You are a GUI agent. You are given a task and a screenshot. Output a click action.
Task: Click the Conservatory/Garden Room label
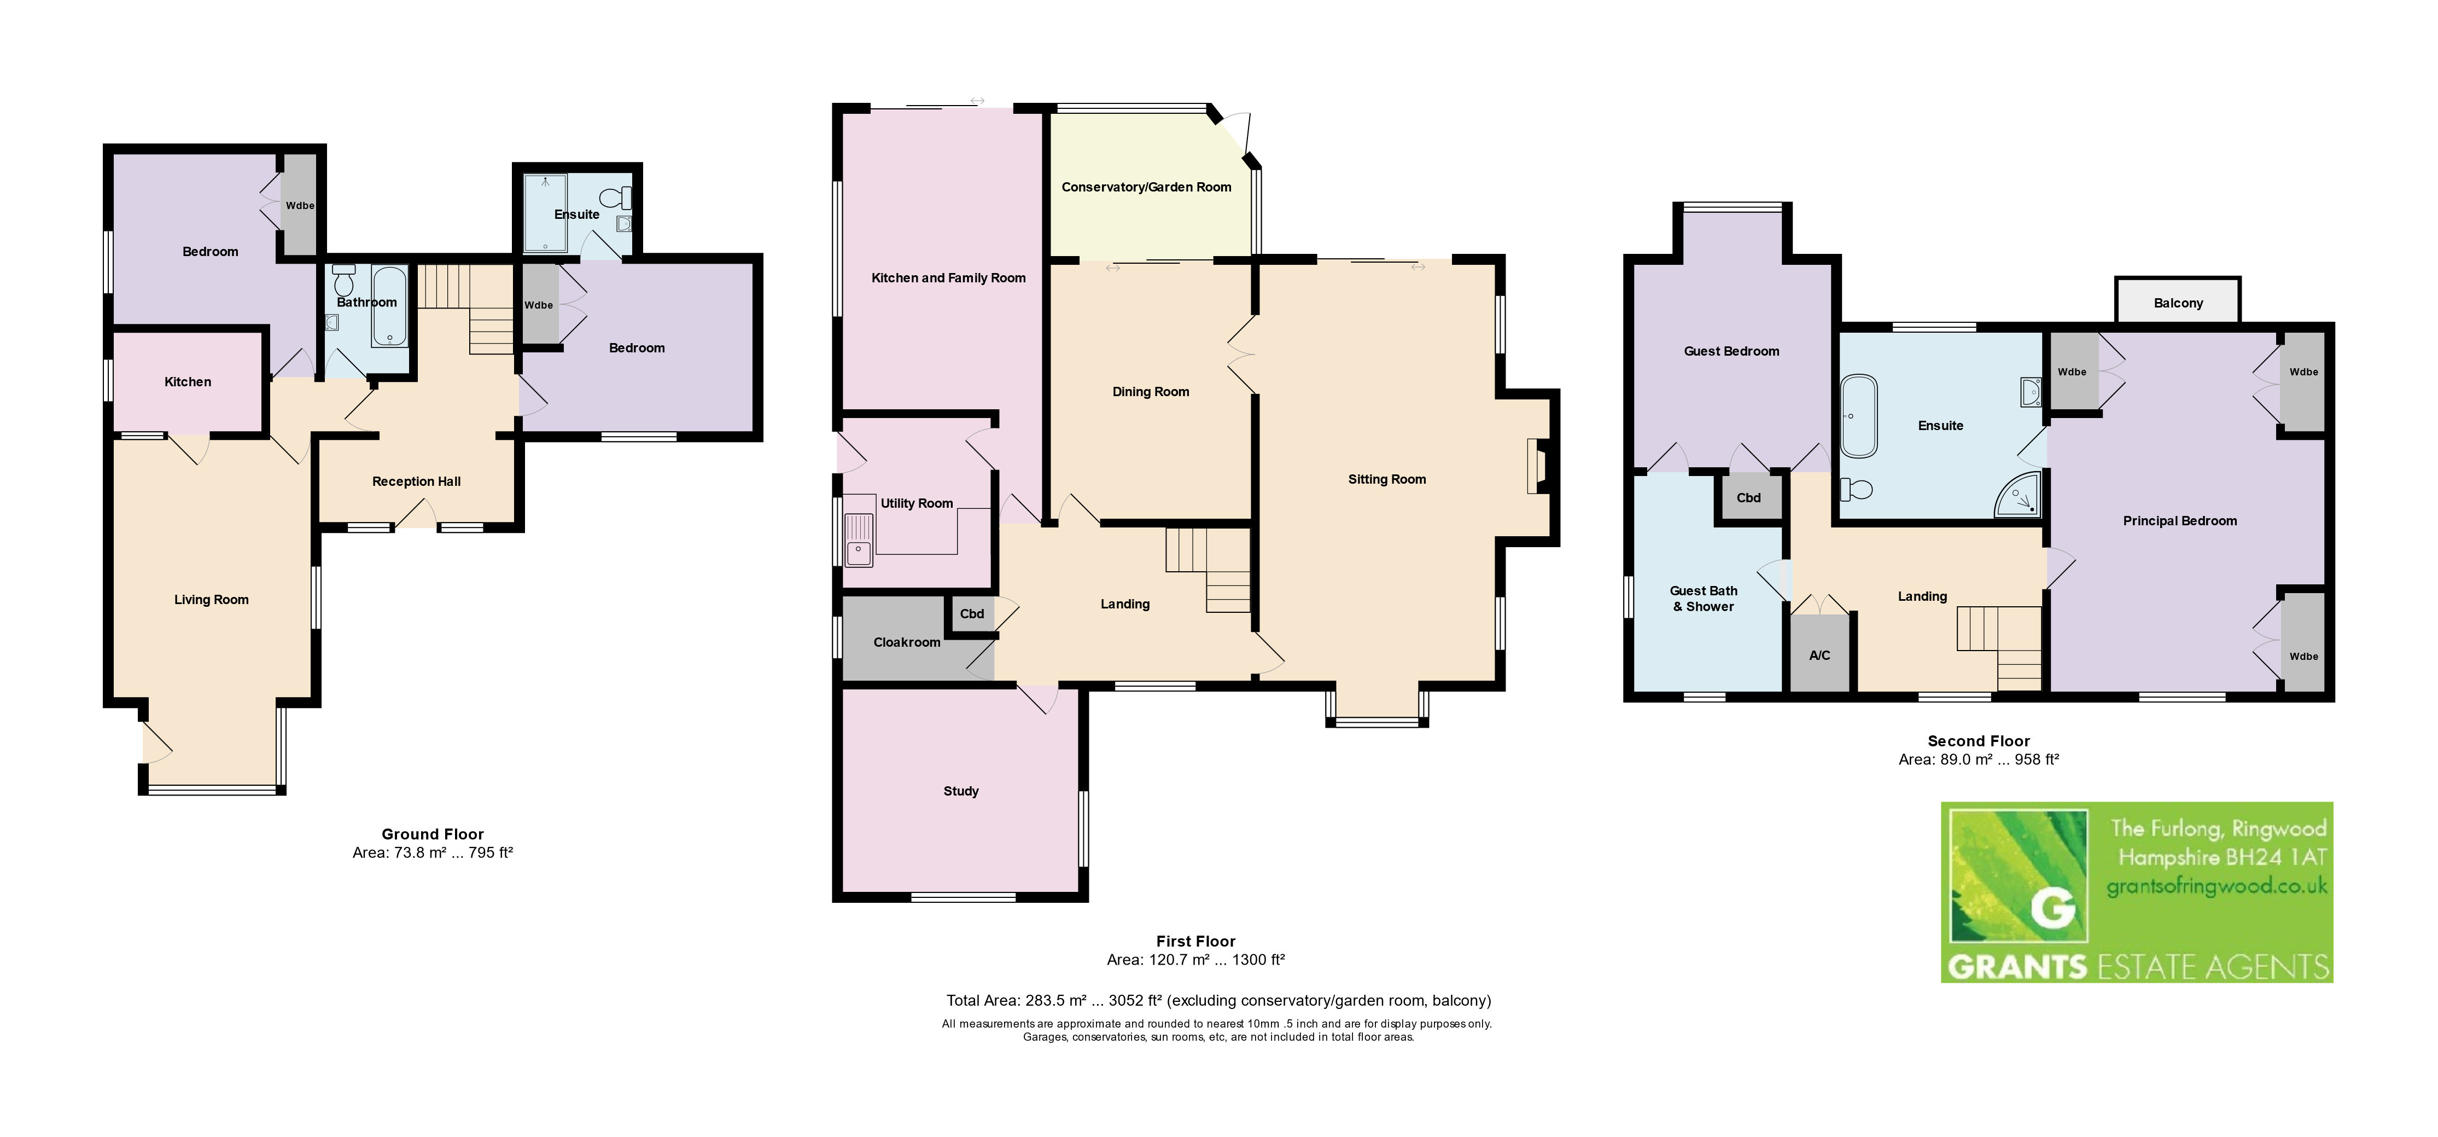pyautogui.click(x=1146, y=188)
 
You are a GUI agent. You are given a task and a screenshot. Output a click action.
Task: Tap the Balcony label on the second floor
pyautogui.click(x=2178, y=303)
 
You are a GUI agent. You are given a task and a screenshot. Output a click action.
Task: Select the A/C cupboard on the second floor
pyautogui.click(x=1819, y=653)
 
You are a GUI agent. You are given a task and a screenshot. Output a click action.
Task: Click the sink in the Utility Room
pyautogui.click(x=859, y=540)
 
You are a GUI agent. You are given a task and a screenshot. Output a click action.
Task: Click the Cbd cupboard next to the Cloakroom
pyautogui.click(x=972, y=613)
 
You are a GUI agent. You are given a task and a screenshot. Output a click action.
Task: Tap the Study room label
pyautogui.click(x=961, y=791)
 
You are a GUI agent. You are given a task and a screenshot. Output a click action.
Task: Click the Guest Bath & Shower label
pyautogui.click(x=1704, y=599)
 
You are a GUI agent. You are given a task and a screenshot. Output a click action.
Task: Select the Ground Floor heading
pyautogui.click(x=433, y=834)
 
